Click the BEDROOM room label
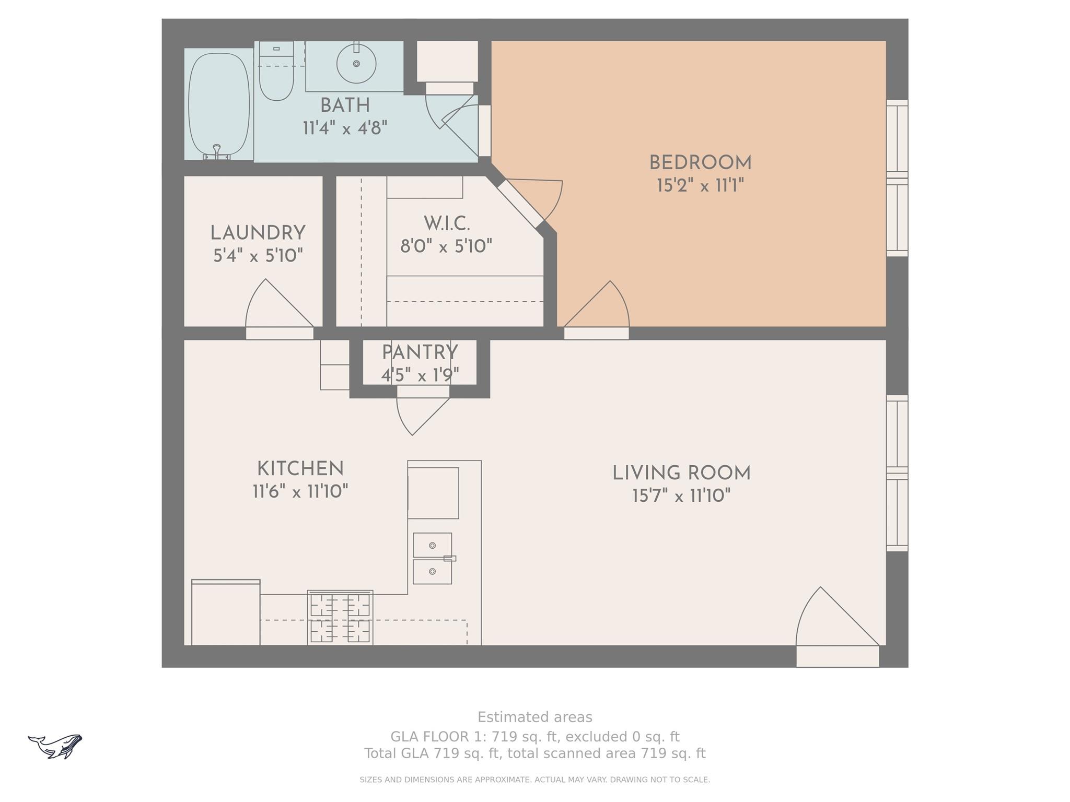click(x=700, y=163)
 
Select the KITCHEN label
click(x=300, y=468)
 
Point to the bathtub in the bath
click(x=218, y=104)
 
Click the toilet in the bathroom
click(x=276, y=73)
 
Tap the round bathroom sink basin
click(x=356, y=63)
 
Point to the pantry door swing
click(x=418, y=412)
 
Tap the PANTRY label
click(x=420, y=353)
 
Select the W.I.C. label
click(x=447, y=223)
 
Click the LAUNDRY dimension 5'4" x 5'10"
click(x=258, y=256)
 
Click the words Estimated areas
click(x=534, y=717)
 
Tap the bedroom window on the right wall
click(x=897, y=178)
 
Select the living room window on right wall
click(x=897, y=473)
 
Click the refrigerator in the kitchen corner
click(x=226, y=613)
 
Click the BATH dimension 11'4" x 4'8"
click(x=345, y=128)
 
